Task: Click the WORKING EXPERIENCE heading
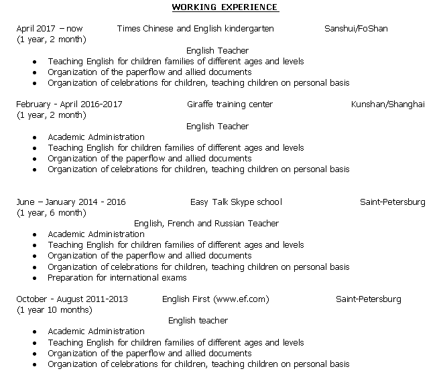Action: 225,7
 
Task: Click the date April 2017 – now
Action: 50,29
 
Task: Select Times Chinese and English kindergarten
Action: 195,29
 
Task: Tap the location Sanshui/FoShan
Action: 356,29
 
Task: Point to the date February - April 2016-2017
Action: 70,104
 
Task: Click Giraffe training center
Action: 230,104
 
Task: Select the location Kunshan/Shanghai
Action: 387,104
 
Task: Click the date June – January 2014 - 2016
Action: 71,202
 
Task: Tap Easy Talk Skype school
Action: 236,202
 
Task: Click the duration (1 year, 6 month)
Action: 52,213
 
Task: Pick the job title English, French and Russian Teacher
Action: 206,224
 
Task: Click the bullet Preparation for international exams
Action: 117,277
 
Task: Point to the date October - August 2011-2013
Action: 72,299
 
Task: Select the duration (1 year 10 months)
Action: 55,310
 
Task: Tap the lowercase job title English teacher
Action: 198,321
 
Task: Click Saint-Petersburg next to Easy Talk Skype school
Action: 392,202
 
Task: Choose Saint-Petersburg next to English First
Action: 368,299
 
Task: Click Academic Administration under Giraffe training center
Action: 96,137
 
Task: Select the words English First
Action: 186,299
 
